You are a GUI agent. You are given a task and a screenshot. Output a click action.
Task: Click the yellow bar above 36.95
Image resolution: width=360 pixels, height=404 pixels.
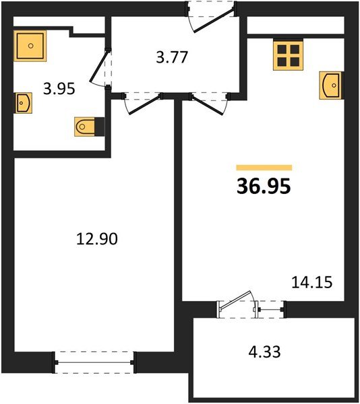coord(264,167)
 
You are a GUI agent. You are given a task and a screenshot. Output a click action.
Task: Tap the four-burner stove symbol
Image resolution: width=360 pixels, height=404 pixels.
coord(288,53)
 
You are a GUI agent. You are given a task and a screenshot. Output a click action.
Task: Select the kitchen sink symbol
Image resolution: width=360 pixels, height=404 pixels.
coord(330,86)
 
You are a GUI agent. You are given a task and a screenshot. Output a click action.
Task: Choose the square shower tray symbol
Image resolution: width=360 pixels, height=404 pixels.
coord(30,45)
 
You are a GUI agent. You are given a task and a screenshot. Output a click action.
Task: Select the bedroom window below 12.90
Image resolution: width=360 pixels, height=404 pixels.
coord(94,362)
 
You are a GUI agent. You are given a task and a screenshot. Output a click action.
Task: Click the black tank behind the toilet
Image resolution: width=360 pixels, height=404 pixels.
coord(100,126)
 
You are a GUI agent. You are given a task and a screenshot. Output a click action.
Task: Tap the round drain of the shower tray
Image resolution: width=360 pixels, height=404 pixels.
coord(30,45)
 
